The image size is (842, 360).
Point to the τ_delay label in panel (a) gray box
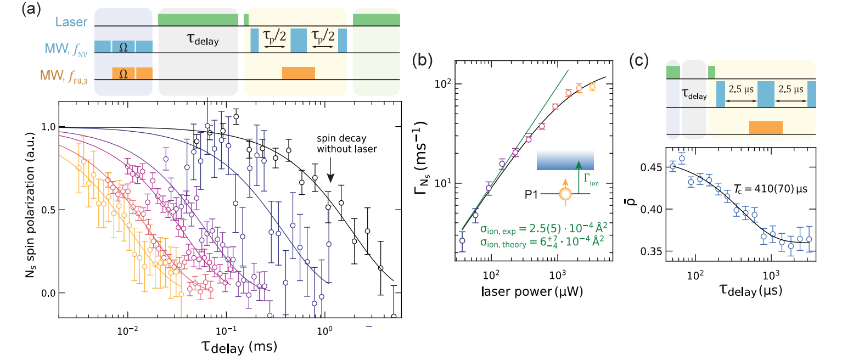pyautogui.click(x=198, y=40)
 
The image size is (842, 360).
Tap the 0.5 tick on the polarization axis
pyautogui.click(x=47, y=210)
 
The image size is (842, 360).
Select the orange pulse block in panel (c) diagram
pyautogui.click(x=766, y=127)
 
